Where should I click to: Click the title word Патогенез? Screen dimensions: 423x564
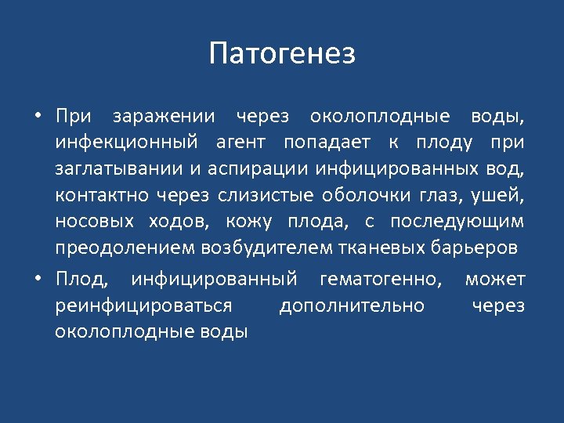pos(282,54)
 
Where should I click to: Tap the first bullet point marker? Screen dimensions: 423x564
pos(38,117)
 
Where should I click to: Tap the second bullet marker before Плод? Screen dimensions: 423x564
pos(38,279)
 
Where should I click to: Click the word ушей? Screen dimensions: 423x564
pos(502,195)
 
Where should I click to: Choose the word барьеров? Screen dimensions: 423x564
pos(472,248)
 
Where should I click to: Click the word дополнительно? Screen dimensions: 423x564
pos(352,305)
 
